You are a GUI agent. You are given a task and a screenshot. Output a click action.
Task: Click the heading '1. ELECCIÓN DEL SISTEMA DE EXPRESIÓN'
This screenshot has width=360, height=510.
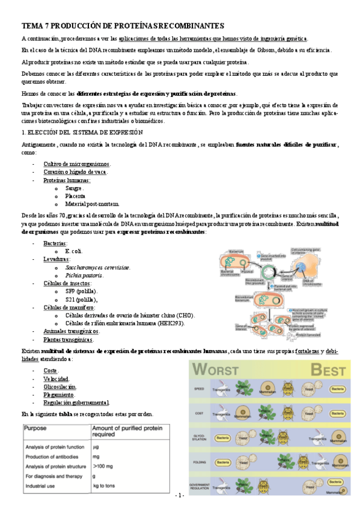click(x=82, y=132)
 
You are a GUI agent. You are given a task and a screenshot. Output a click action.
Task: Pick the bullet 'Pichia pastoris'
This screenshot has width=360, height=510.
click(x=85, y=275)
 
